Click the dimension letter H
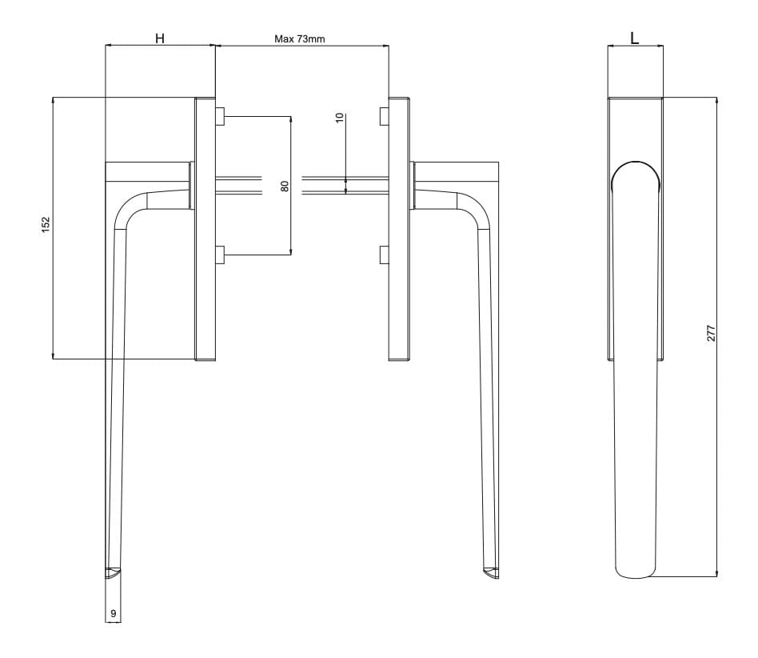(160, 38)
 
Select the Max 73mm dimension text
(300, 38)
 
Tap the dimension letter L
(635, 38)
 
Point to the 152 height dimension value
(46, 223)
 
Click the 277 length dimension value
(711, 334)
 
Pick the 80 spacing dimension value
(285, 187)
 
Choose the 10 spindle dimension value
(340, 117)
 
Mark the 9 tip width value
(114, 613)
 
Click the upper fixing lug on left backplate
(220, 117)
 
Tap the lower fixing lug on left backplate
(220, 255)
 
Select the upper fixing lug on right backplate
(384, 117)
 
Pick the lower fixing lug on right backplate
(384, 255)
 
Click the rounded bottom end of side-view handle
(636, 570)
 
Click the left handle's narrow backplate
(205, 229)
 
